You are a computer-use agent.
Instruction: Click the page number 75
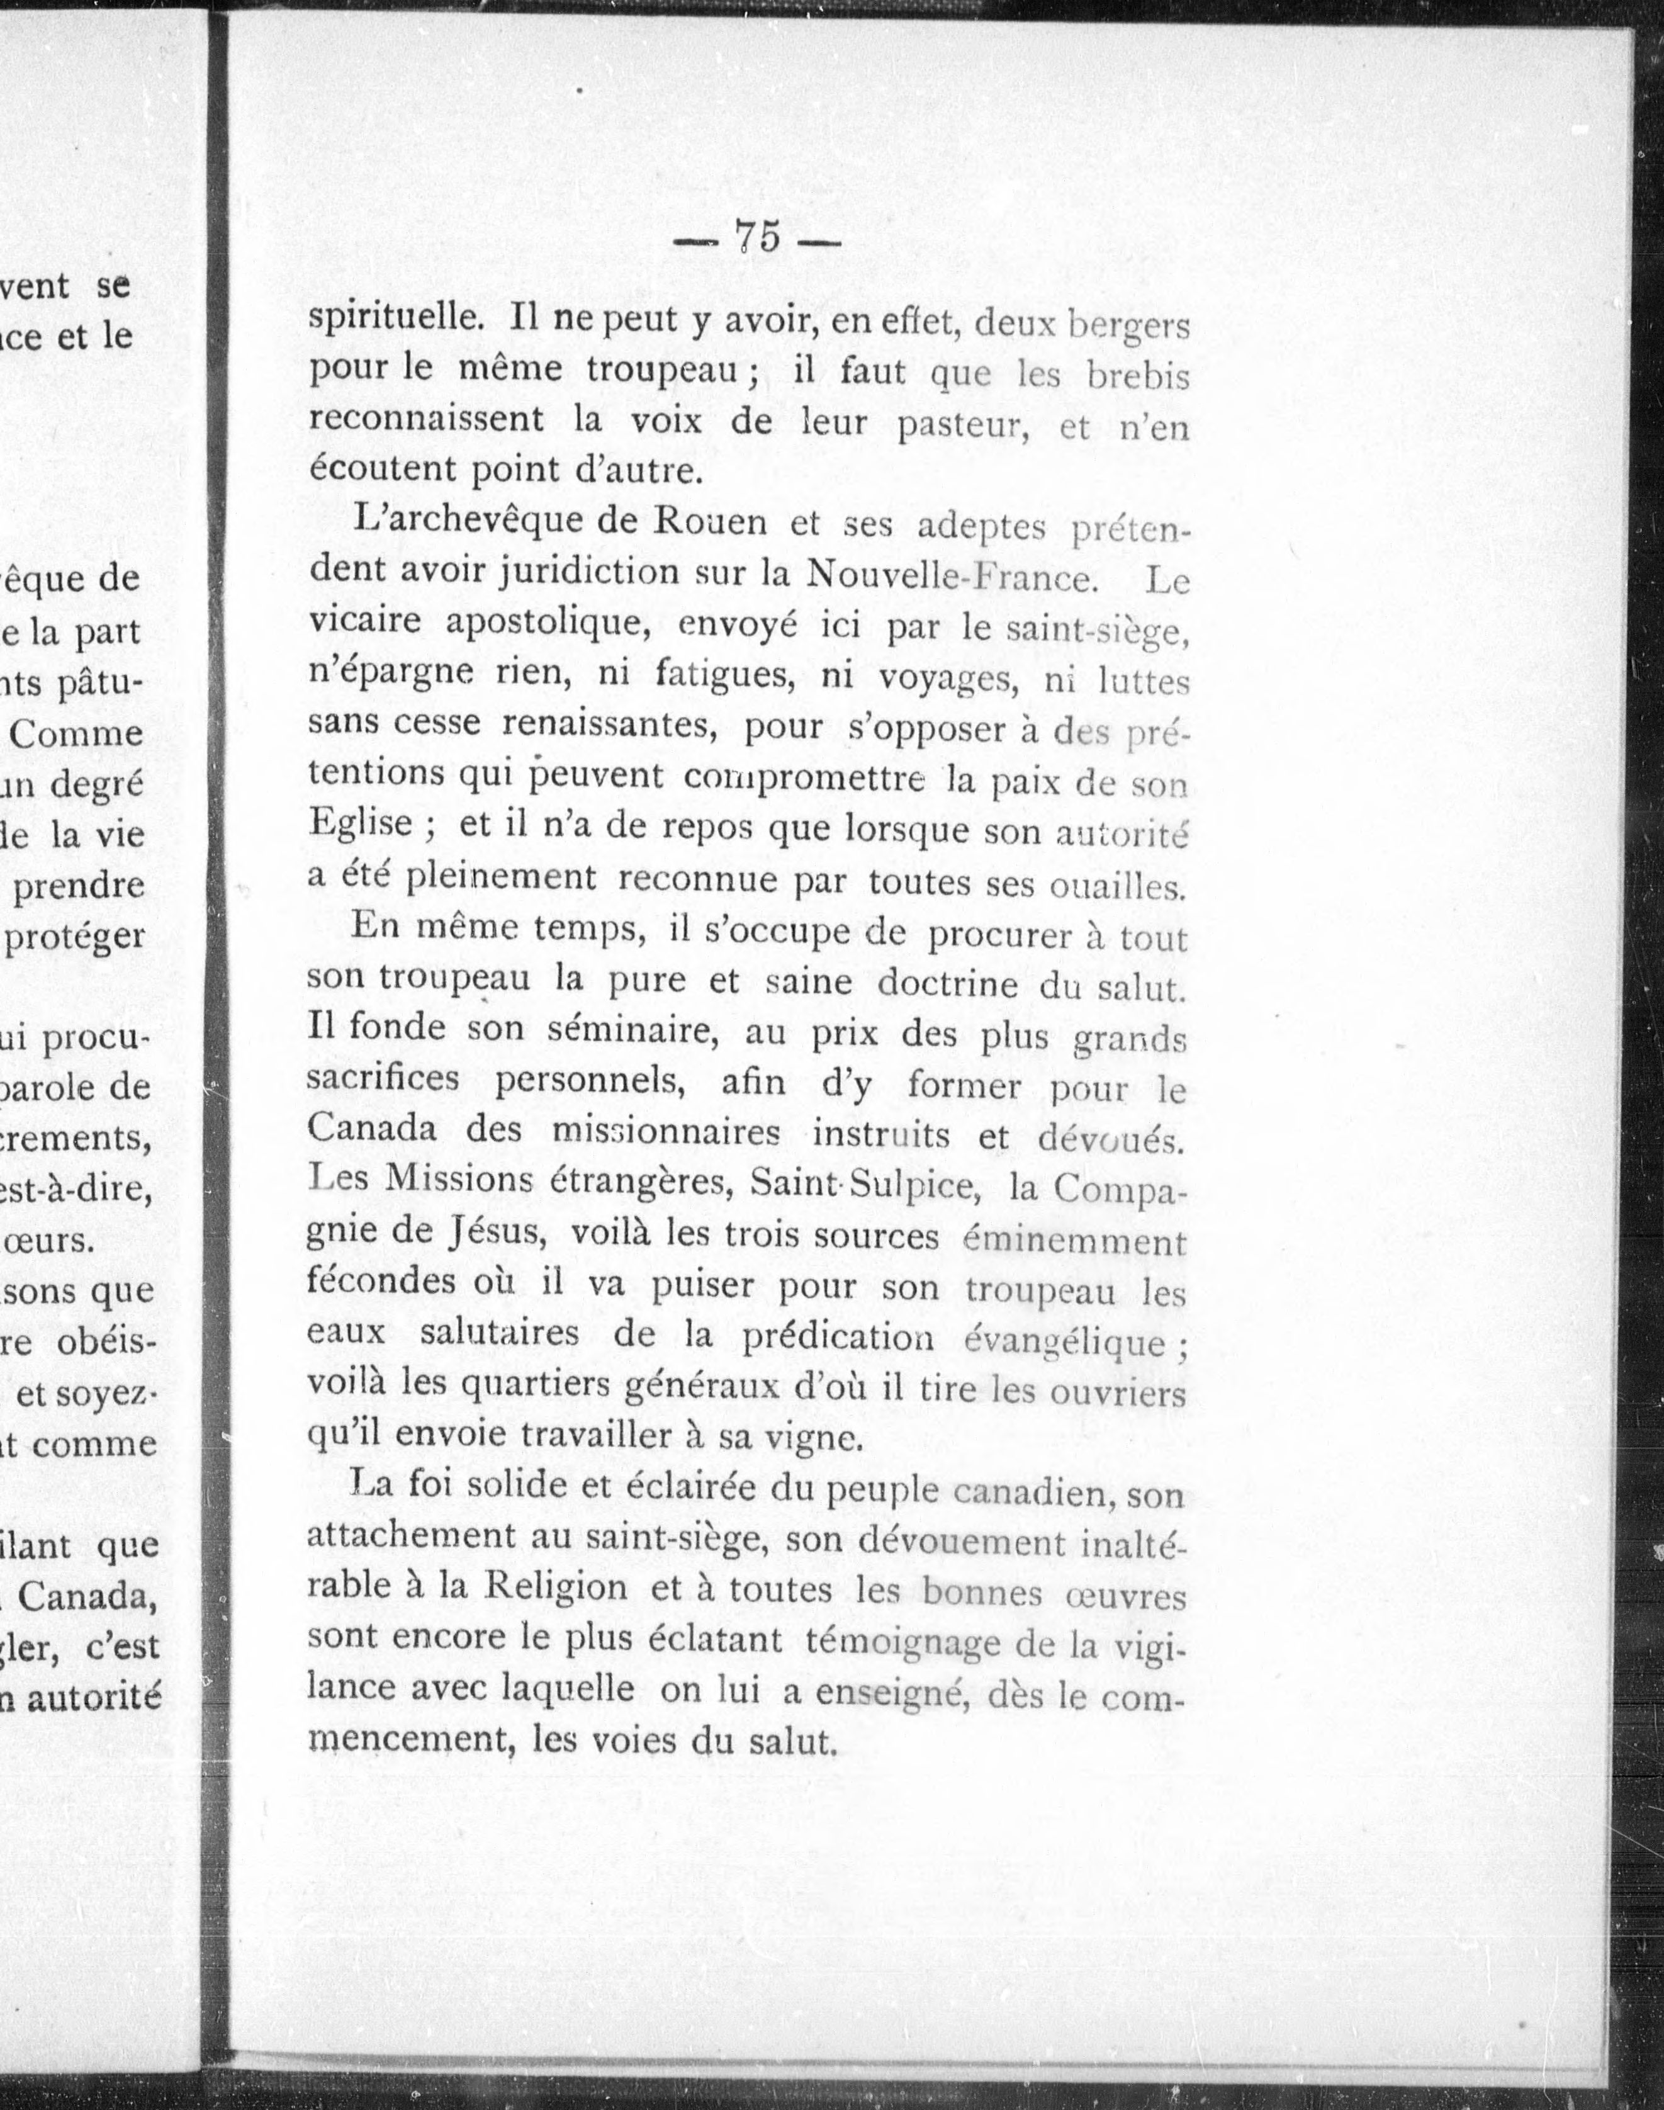(x=758, y=237)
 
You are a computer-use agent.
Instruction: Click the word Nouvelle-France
(x=949, y=577)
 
